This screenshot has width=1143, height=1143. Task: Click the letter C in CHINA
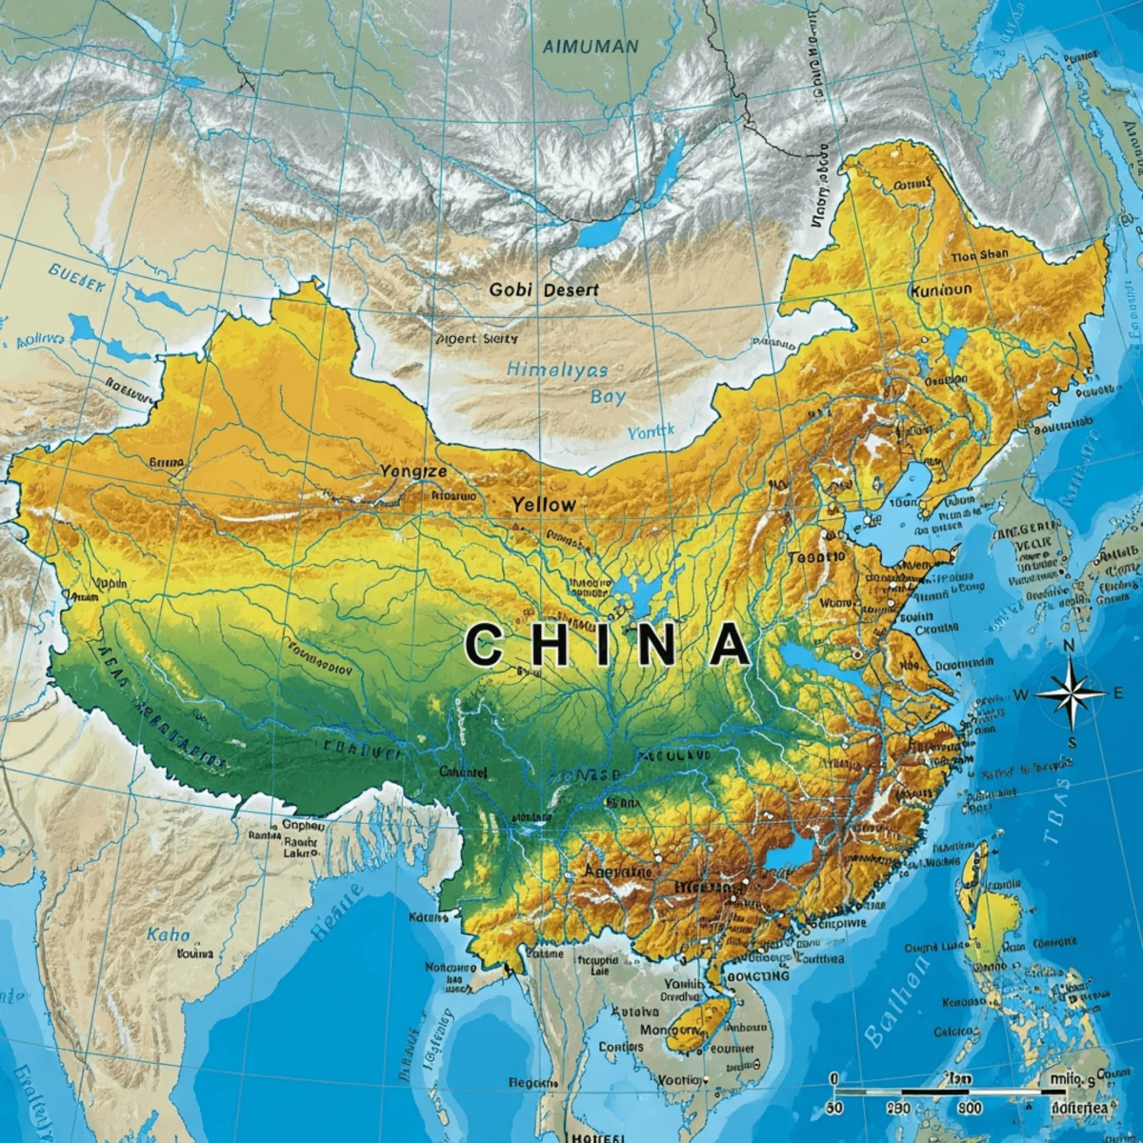484,645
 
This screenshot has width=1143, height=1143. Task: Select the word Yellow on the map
544,505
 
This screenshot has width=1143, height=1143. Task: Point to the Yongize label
412,471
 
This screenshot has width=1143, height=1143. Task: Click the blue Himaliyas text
556,370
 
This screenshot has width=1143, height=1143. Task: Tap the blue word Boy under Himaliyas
607,396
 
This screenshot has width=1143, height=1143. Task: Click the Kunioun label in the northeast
941,290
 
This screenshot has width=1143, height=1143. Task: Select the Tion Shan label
979,254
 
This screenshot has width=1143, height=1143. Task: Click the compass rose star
1070,693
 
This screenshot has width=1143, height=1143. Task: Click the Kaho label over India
169,935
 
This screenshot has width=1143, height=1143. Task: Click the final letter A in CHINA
730,645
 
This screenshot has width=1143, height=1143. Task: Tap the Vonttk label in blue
651,431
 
